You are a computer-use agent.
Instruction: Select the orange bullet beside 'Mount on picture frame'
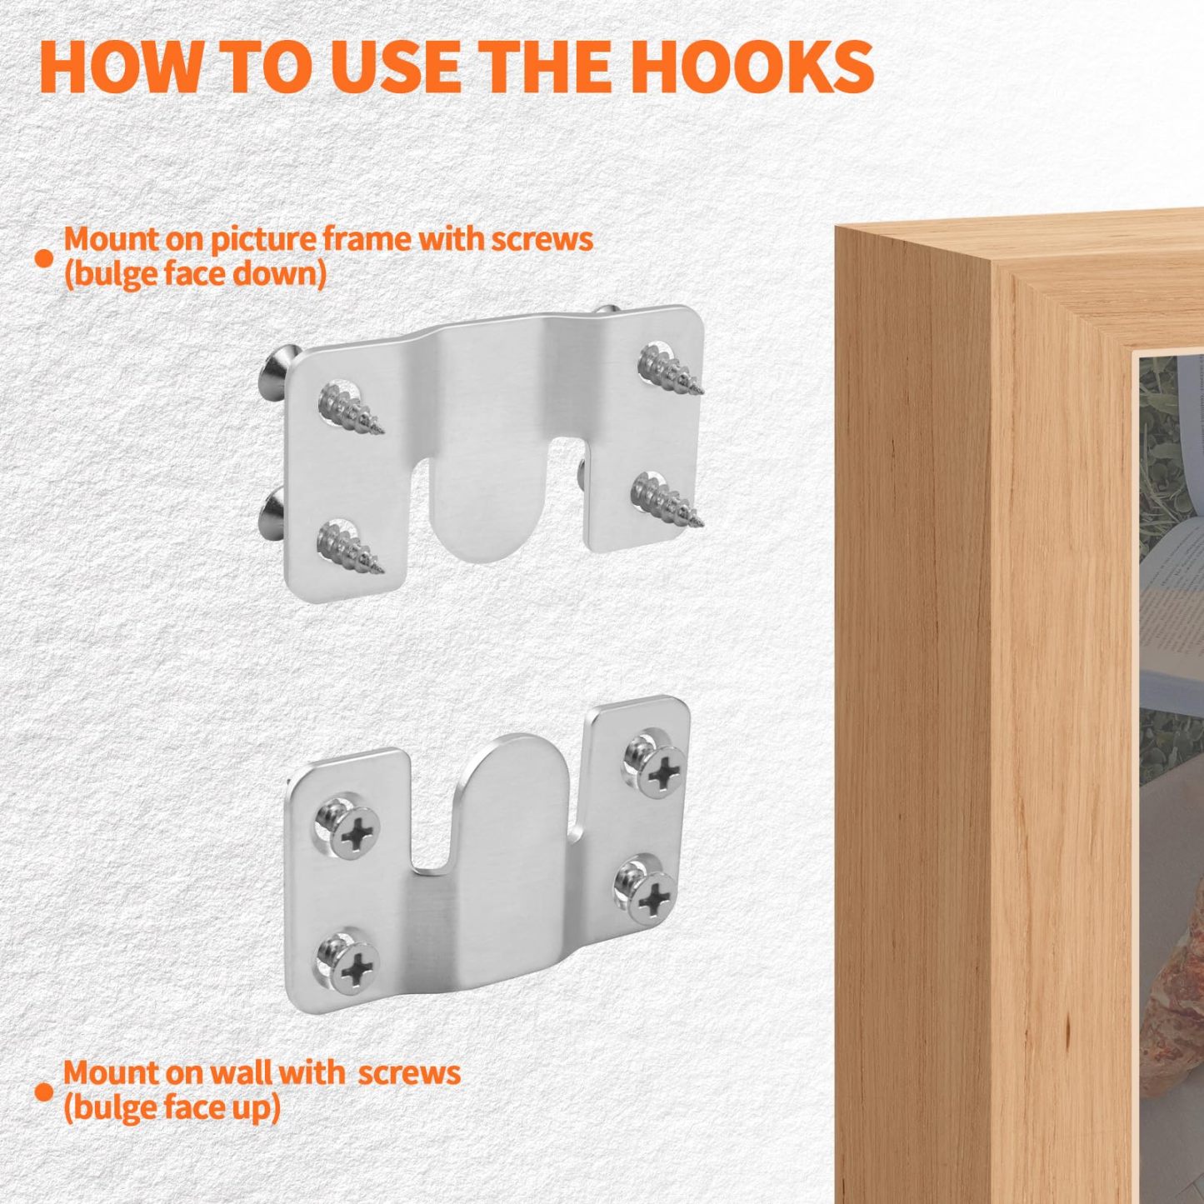(43, 258)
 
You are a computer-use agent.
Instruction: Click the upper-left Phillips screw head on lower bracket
(354, 832)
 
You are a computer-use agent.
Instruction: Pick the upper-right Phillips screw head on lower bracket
(660, 773)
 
